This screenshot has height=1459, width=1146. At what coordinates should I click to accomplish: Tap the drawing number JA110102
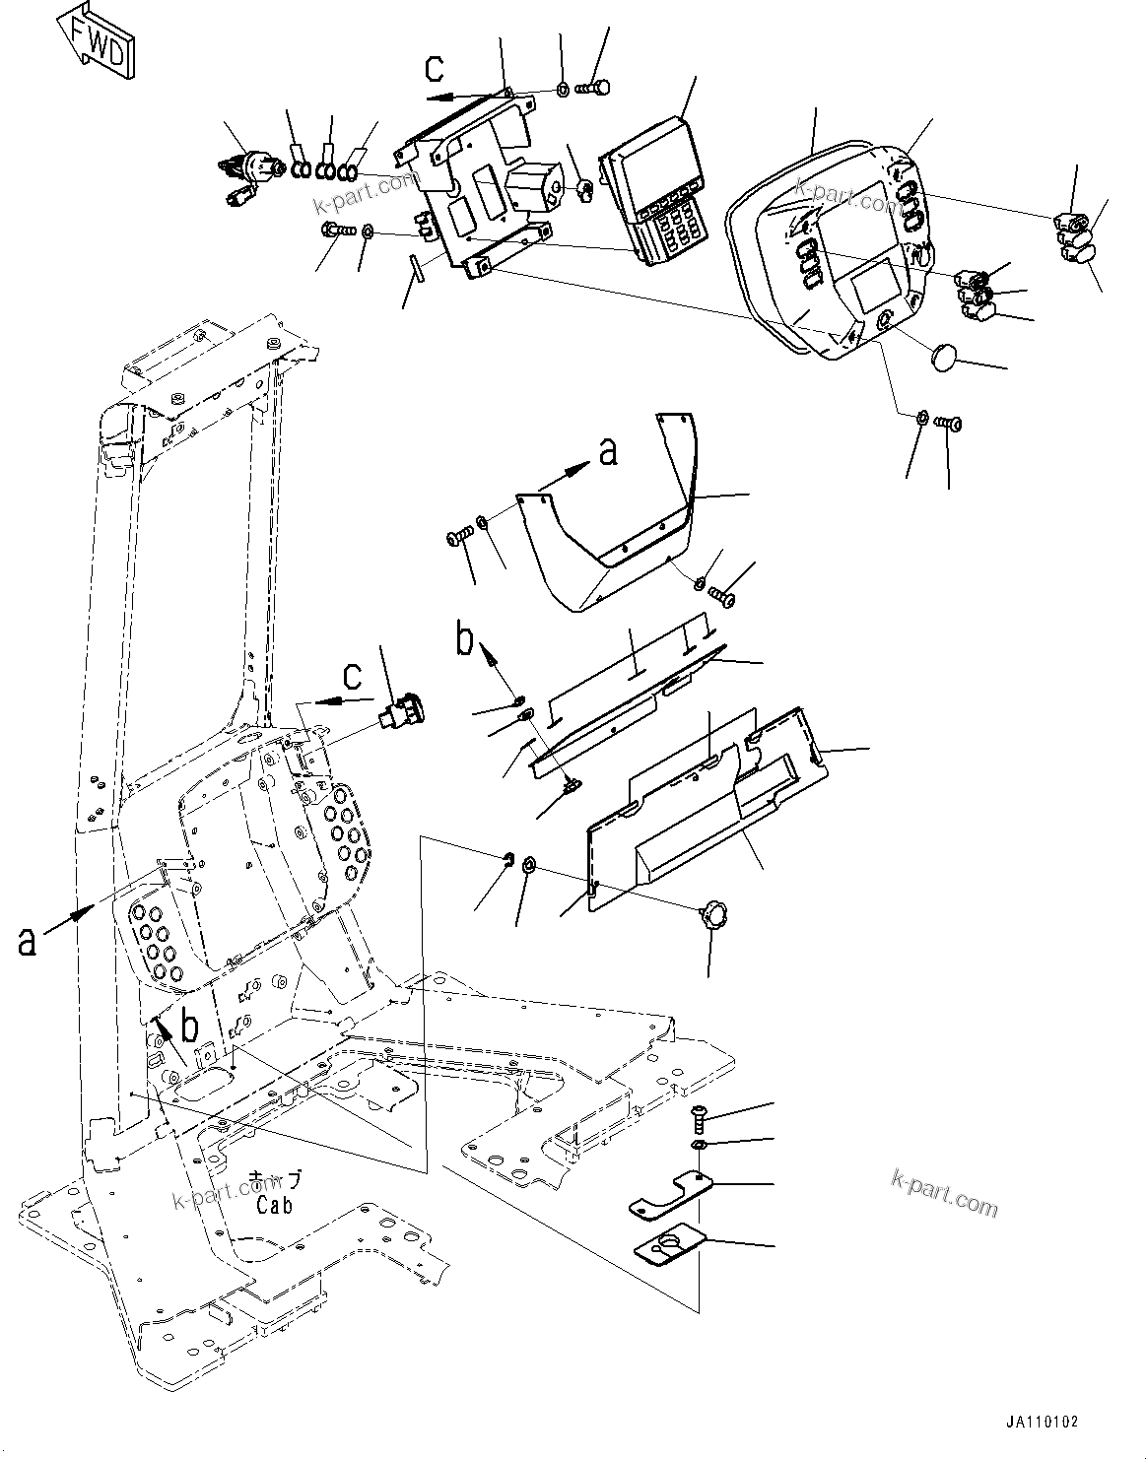pyautogui.click(x=1044, y=1423)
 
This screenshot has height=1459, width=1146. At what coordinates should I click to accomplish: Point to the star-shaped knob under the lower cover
pyautogui.click(x=711, y=916)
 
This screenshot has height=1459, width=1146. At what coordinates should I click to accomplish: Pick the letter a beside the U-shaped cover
pyautogui.click(x=608, y=451)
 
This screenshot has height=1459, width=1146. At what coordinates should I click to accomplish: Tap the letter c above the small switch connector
pyautogui.click(x=352, y=677)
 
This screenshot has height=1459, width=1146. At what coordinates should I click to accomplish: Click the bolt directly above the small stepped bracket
pyautogui.click(x=699, y=1114)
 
